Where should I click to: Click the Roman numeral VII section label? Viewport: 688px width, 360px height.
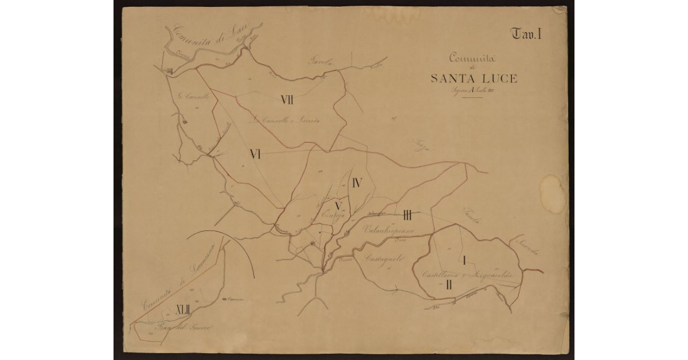287,100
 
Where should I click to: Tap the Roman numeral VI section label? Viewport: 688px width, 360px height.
256,154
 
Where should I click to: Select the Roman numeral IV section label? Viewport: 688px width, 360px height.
357,183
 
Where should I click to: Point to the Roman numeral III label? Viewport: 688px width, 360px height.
408,216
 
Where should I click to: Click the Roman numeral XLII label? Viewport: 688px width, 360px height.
183,310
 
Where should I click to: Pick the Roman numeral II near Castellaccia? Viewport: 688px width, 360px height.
450,284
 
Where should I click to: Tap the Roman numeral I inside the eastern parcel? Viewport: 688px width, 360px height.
463,260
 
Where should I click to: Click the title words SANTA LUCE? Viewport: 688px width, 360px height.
474,79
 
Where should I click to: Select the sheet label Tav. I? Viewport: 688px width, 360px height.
527,34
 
